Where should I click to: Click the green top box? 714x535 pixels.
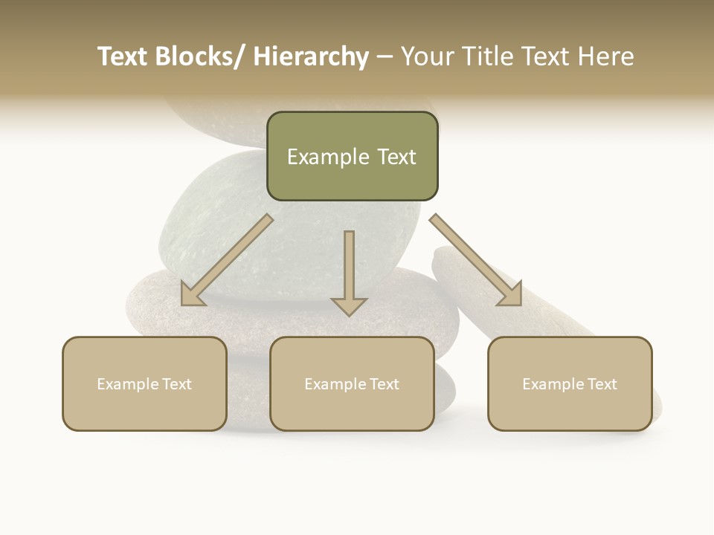(x=352, y=157)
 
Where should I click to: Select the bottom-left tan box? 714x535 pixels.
(x=144, y=384)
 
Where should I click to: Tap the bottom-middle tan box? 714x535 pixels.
(x=352, y=384)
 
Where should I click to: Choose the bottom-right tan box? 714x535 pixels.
(x=570, y=384)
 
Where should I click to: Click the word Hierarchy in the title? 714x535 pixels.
(x=311, y=56)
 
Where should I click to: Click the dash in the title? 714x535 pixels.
(x=385, y=57)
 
